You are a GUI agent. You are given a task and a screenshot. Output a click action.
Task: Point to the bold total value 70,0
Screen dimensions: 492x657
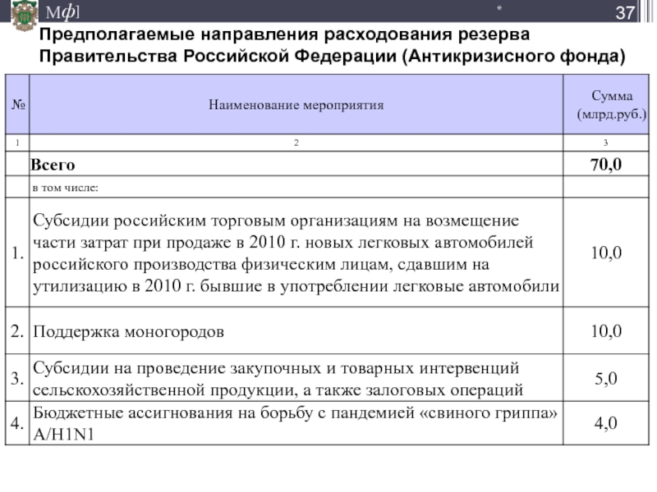[x=606, y=165]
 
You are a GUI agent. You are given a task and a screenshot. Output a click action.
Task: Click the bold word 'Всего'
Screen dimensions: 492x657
[x=53, y=166]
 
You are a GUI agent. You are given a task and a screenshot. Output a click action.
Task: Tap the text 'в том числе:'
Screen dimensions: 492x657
[x=65, y=188]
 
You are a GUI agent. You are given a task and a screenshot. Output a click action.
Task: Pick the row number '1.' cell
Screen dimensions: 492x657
[x=17, y=253]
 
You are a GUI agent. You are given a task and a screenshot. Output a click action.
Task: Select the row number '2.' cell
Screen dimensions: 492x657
[x=17, y=332]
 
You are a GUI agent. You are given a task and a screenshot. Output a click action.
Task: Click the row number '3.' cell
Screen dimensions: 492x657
[x=17, y=378]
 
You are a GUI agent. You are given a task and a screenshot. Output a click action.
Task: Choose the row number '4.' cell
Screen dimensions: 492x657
[x=17, y=423]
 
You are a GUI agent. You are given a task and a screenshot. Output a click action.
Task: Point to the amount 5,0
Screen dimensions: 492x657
[x=606, y=378]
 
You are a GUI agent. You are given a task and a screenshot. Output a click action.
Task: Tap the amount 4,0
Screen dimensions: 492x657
[x=606, y=423]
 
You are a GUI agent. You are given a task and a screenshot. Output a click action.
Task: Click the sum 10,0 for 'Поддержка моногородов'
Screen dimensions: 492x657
[x=606, y=332]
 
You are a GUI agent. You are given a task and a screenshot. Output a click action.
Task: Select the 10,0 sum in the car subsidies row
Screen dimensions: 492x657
[x=606, y=253]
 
